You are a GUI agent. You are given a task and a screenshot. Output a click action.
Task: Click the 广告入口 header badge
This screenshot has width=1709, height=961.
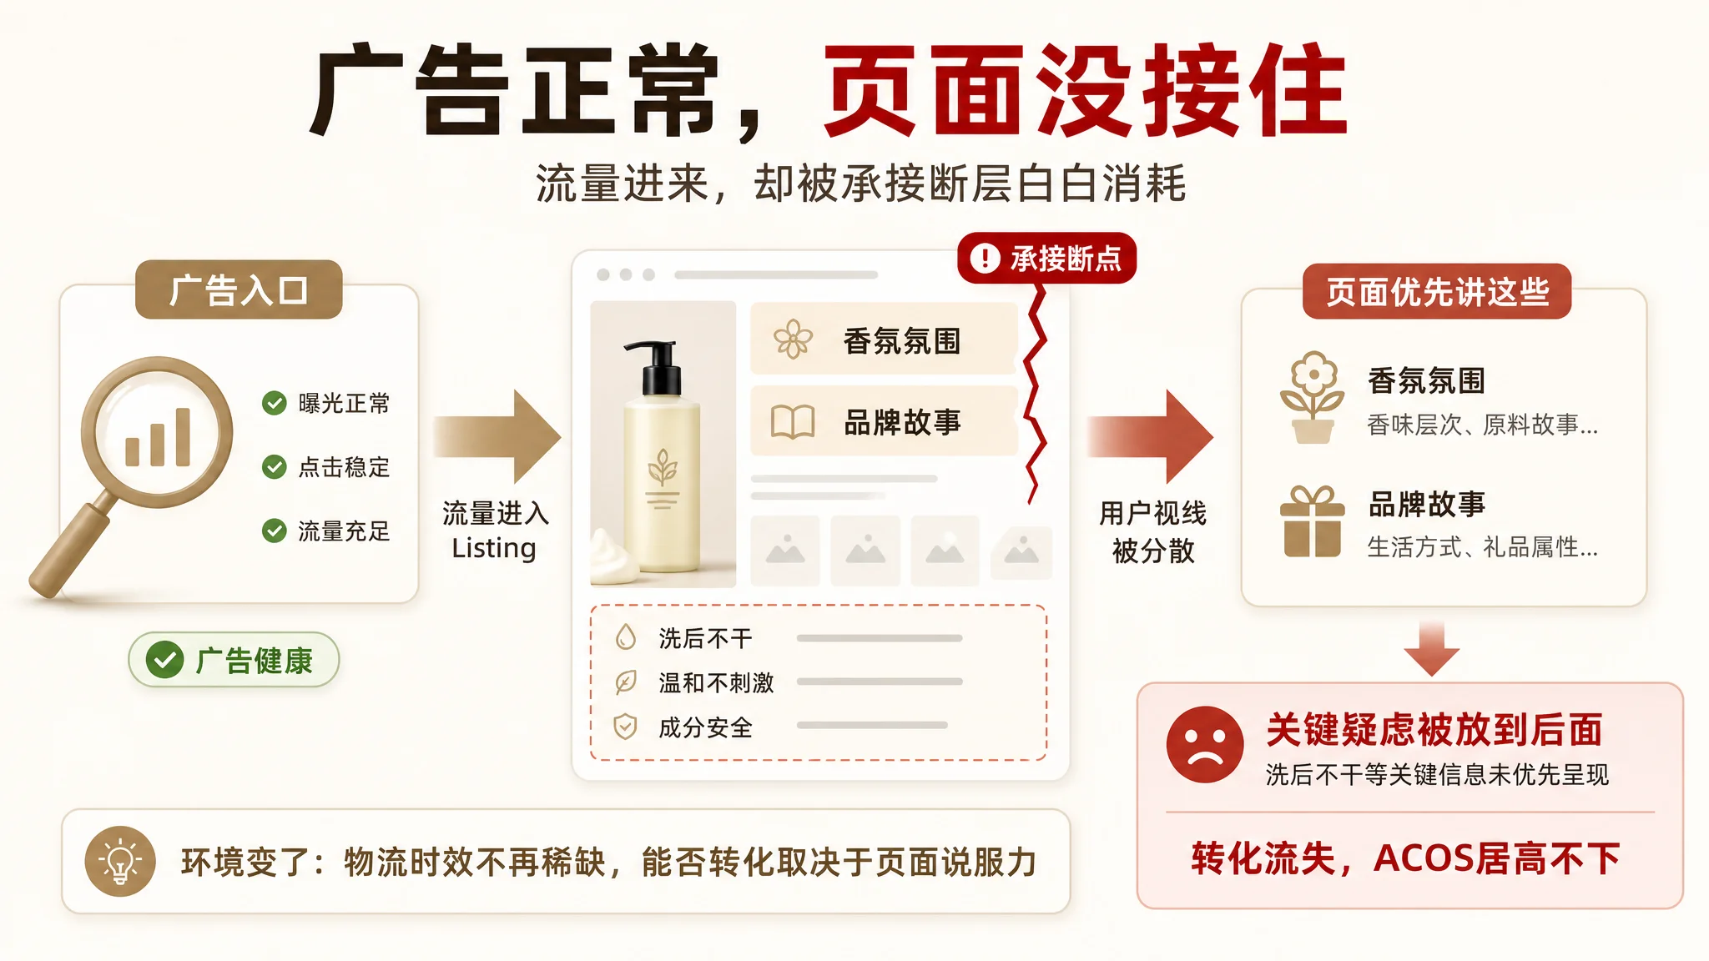239,289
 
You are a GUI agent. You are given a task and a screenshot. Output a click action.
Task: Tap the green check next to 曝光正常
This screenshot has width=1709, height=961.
274,403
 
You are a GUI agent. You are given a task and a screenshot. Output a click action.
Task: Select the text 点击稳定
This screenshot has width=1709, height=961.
344,467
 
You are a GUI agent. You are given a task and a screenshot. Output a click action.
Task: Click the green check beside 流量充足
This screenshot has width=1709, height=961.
274,531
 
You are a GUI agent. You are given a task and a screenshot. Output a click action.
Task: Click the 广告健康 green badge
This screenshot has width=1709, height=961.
234,660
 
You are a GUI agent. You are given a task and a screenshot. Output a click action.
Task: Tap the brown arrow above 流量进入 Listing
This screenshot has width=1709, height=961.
497,435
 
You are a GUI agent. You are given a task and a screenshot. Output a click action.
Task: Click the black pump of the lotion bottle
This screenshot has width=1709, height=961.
659,367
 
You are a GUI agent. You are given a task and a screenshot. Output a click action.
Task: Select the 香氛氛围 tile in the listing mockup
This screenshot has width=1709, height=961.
884,339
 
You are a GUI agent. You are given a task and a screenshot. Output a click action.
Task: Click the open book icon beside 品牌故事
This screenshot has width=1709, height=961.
792,422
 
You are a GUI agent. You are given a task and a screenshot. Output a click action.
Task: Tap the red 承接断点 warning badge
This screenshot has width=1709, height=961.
1047,258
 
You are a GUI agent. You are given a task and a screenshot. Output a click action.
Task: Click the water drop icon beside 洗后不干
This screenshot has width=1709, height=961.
625,637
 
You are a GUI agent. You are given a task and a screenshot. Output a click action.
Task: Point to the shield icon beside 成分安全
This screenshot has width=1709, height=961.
625,727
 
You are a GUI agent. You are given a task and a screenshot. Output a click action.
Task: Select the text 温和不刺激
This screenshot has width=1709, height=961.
716,682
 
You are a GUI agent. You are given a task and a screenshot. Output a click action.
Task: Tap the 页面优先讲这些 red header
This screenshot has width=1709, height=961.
1437,291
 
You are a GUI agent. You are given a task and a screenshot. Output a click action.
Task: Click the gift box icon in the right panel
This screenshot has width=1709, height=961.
1313,521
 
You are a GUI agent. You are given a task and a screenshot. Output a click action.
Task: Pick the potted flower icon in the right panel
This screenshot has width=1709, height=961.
1313,397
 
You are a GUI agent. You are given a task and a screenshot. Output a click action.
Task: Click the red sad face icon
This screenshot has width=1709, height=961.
1205,744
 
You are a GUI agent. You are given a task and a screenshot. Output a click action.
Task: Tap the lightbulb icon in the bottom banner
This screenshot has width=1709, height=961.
120,861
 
